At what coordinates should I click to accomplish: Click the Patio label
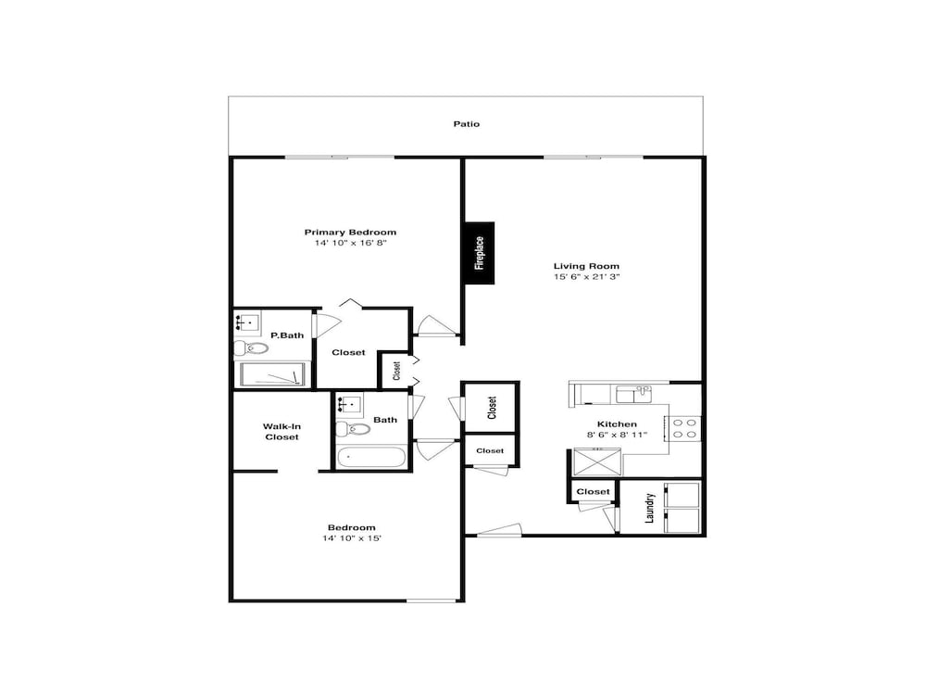pos(467,123)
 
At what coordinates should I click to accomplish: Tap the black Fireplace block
pos(480,252)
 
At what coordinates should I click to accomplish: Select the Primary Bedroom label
pos(351,232)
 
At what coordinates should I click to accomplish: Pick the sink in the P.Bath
pos(246,323)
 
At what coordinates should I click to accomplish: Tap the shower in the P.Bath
pos(273,374)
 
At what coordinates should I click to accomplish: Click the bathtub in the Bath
pos(371,457)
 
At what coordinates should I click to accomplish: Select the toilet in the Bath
pos(352,428)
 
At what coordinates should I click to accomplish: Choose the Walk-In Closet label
pos(282,431)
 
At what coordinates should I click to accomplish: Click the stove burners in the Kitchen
pos(685,428)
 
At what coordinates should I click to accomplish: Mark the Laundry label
pos(650,507)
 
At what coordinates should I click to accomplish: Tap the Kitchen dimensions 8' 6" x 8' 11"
pos(617,435)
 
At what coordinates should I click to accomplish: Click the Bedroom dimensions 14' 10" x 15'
pos(352,538)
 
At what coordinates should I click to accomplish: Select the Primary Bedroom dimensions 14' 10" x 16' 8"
pos(351,243)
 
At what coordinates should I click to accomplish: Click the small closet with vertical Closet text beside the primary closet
pos(395,371)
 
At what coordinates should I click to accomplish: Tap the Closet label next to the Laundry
pos(593,491)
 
